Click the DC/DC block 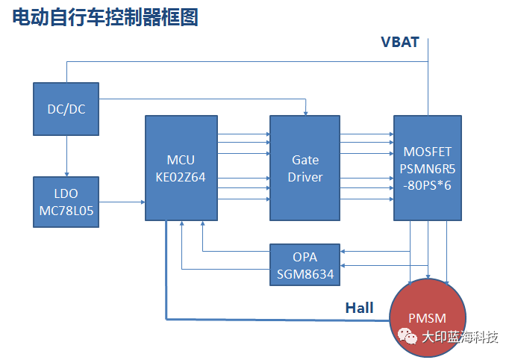[66, 109]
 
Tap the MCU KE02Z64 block [181, 167]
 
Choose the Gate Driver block [305, 167]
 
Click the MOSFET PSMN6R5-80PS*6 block [427, 167]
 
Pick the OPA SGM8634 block [305, 264]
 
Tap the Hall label [360, 307]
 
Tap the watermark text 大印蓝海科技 [460, 337]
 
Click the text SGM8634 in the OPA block [305, 274]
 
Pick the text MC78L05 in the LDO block [66, 211]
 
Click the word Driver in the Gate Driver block [305, 176]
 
